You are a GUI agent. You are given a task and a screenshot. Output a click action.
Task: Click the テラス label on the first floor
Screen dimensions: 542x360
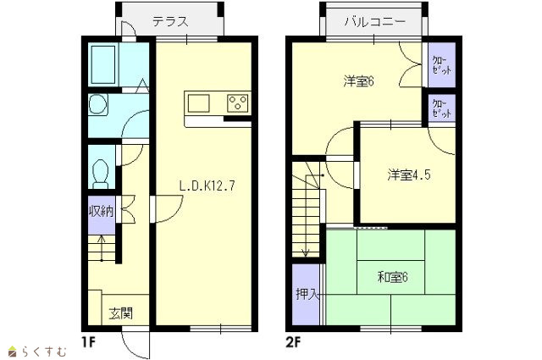pos(171,22)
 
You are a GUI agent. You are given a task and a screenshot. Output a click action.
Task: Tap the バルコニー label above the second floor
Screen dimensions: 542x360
pos(374,22)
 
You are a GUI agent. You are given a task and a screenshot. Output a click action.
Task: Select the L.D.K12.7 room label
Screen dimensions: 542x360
pos(207,186)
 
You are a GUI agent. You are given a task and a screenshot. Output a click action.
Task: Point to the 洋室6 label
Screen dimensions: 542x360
pos(359,81)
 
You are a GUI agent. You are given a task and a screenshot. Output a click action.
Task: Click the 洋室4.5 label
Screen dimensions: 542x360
pos(409,174)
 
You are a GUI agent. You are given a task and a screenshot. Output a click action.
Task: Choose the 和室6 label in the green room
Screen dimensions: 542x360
pos(393,277)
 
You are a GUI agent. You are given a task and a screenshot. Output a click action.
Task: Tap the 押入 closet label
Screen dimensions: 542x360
pos(307,294)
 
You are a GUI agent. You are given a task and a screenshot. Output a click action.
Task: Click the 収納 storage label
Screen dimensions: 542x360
pos(102,211)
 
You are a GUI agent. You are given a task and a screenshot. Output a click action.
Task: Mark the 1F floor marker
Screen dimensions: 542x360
pos(88,342)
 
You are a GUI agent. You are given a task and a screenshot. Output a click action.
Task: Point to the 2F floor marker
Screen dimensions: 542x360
pos(294,342)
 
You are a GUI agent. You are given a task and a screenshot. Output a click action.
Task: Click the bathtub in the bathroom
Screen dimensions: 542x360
pos(103,64)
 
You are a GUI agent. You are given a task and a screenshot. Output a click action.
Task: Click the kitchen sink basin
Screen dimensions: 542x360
pos(198,103)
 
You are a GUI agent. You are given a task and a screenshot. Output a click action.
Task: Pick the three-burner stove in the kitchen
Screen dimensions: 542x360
pos(238,103)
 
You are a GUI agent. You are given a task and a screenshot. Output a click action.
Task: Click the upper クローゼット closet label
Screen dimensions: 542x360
pos(442,65)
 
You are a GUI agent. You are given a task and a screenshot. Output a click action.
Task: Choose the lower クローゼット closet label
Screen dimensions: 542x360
pos(442,108)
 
